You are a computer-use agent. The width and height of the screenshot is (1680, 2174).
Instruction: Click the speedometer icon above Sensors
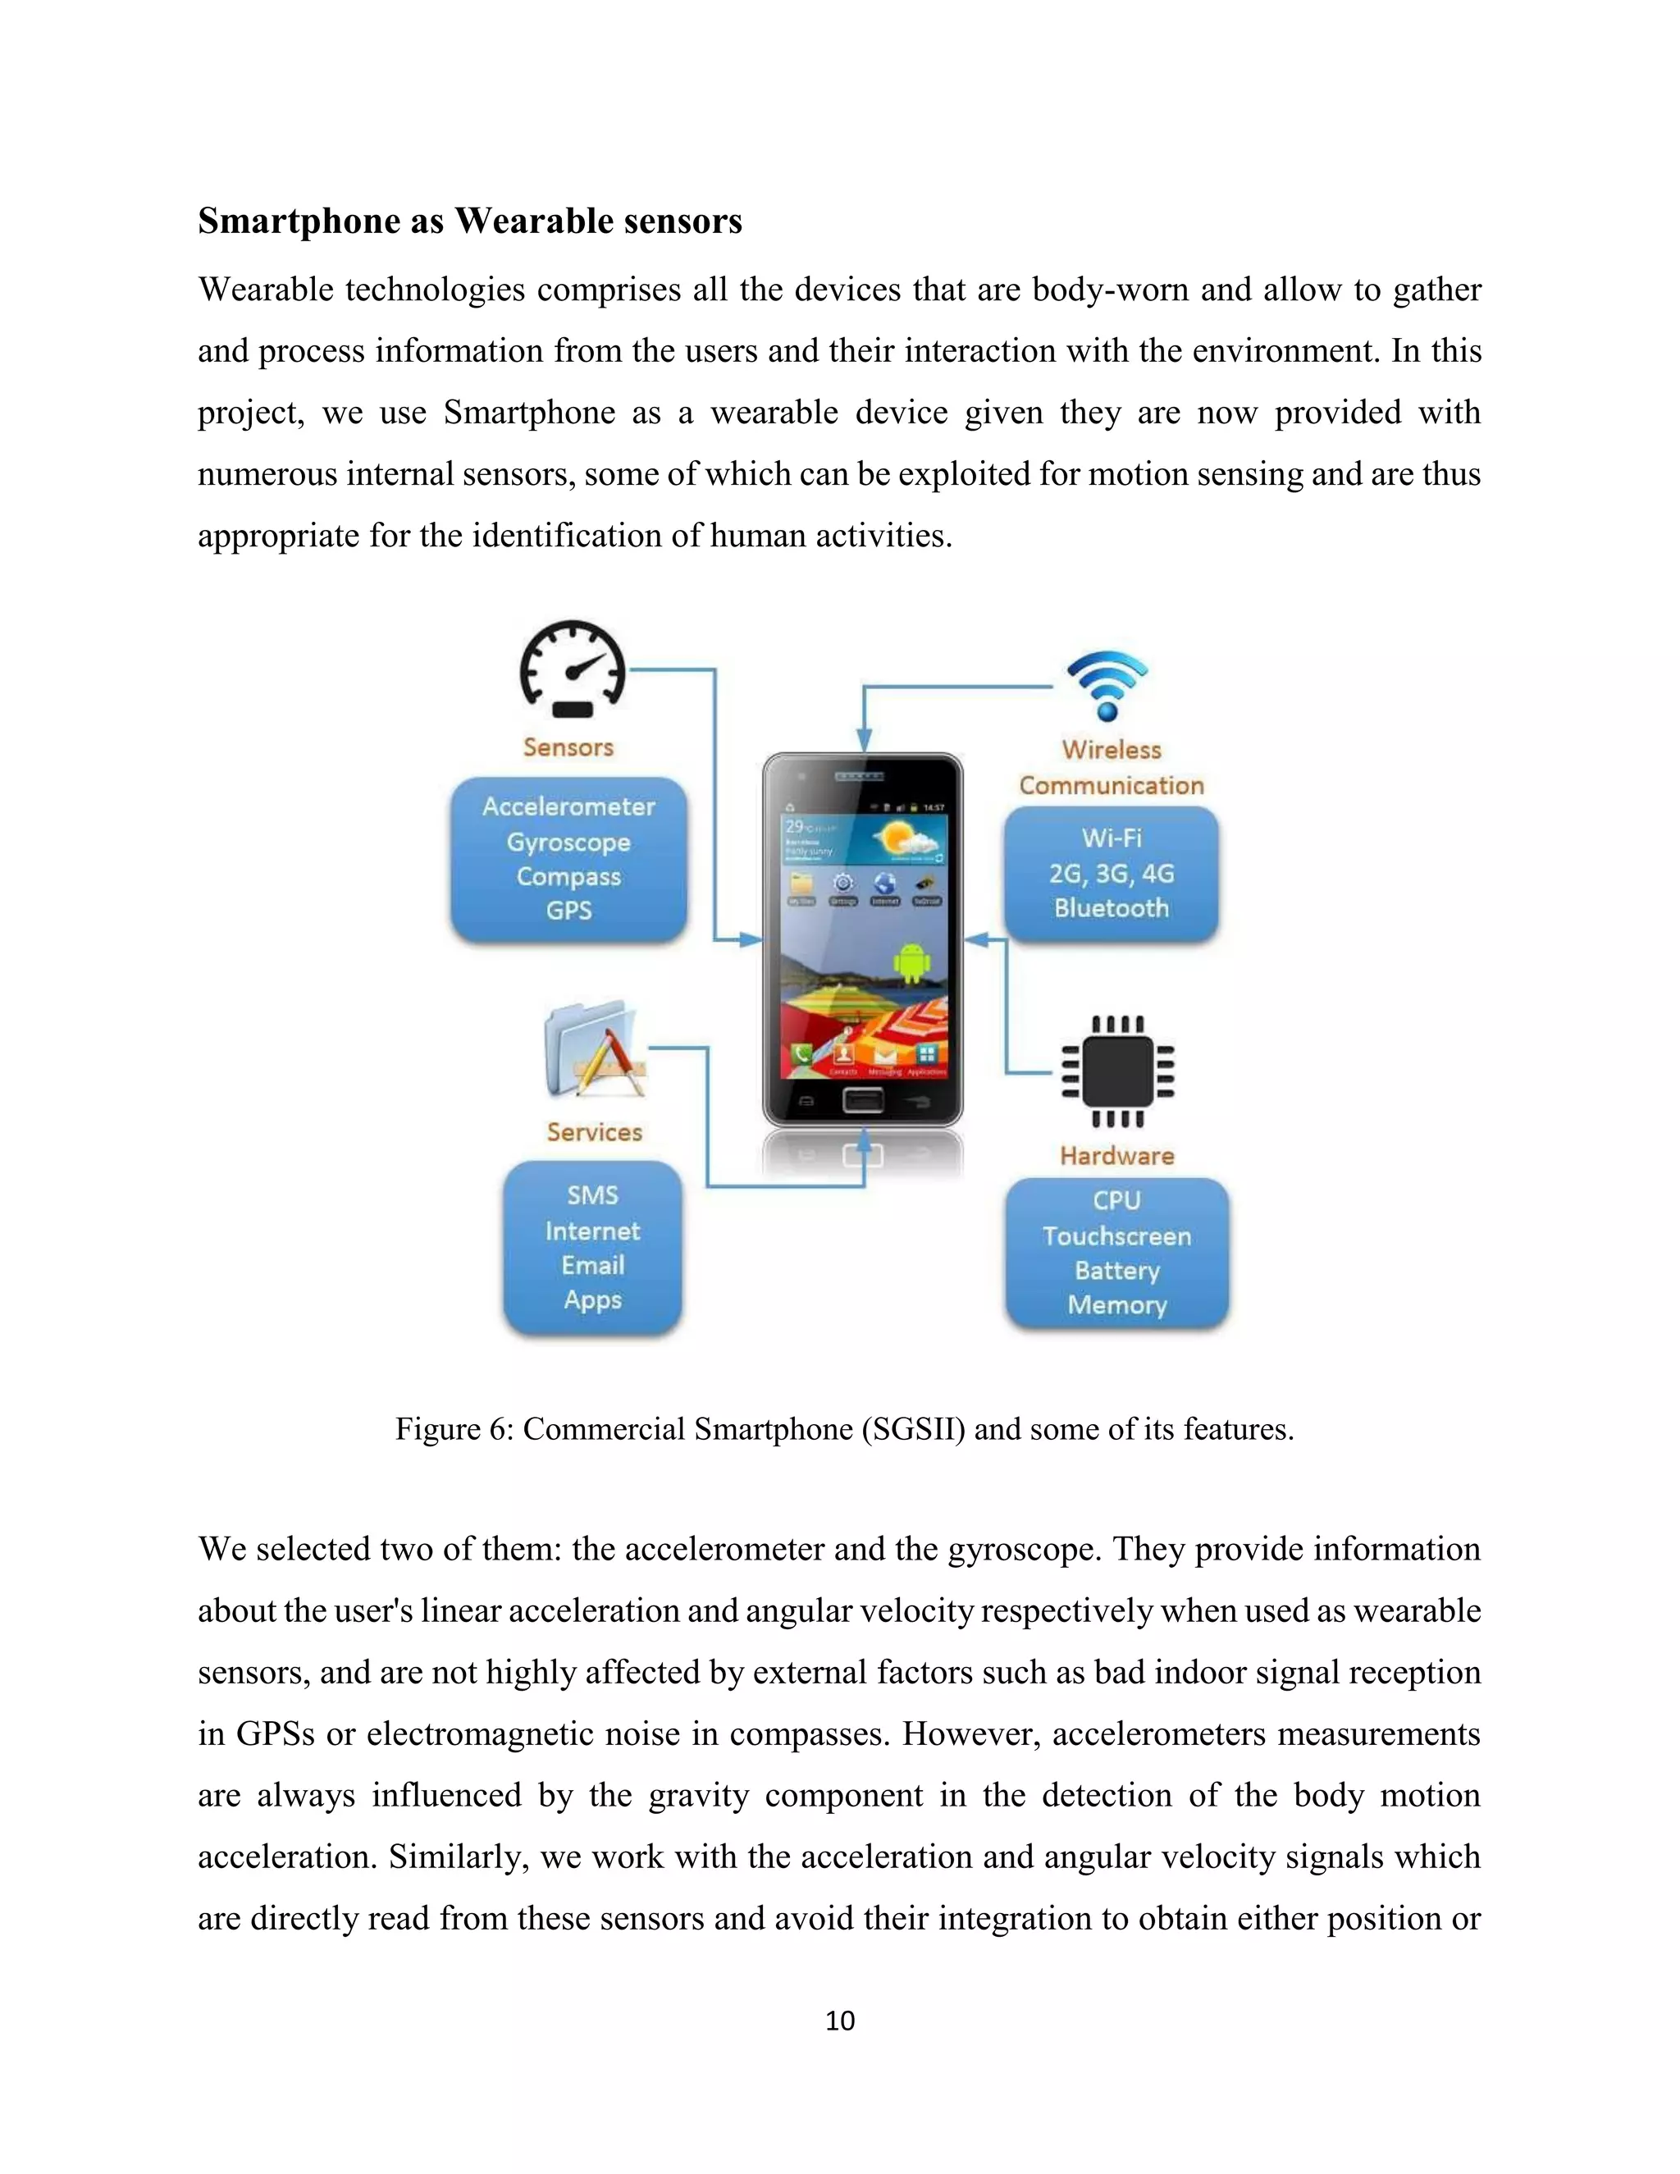573,668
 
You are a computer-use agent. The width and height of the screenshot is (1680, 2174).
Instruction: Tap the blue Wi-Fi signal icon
1107,685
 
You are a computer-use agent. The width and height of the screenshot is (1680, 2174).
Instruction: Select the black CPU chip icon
1118,1071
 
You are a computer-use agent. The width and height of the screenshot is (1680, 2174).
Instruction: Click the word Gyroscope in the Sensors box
568,843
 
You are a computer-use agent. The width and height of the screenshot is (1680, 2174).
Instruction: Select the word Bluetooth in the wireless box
1111,908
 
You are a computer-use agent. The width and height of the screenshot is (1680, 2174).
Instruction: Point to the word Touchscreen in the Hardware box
1116,1236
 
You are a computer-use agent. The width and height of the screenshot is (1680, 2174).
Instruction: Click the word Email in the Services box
592,1265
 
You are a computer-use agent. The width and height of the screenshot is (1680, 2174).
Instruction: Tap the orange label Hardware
1116,1156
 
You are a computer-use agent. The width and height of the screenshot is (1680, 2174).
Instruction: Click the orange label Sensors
568,747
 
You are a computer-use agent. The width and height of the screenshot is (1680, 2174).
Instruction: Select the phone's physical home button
863,1100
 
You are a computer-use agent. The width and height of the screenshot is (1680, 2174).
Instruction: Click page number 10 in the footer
839,2021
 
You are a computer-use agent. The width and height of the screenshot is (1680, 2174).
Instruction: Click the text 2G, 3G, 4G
1111,873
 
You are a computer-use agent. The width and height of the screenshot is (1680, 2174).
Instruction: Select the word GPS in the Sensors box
568,911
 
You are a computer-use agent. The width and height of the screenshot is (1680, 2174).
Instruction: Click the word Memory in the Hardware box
1116,1305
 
